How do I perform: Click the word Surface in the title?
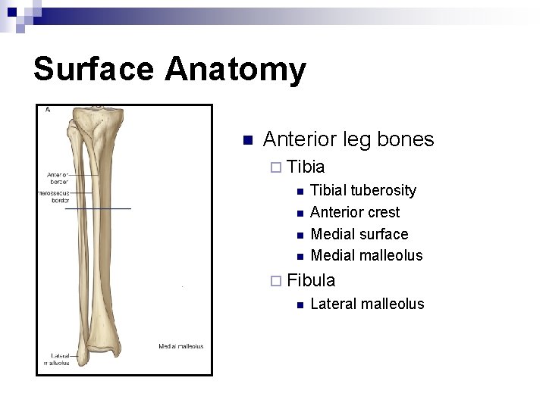click(93, 69)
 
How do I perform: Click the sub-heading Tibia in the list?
click(306, 167)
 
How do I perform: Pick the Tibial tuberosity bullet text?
click(363, 190)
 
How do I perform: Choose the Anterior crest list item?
click(355, 212)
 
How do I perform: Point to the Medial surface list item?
click(359, 234)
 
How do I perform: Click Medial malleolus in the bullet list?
click(366, 255)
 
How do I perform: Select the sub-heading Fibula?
click(311, 280)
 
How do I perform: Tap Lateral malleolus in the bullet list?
click(367, 304)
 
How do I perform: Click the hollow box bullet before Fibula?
click(275, 281)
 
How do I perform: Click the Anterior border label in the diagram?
click(58, 178)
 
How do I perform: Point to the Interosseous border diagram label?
click(54, 197)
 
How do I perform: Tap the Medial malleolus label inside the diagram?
click(180, 346)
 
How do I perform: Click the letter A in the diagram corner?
click(48, 111)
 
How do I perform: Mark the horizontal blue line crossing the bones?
click(99, 208)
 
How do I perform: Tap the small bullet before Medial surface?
click(300, 235)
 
